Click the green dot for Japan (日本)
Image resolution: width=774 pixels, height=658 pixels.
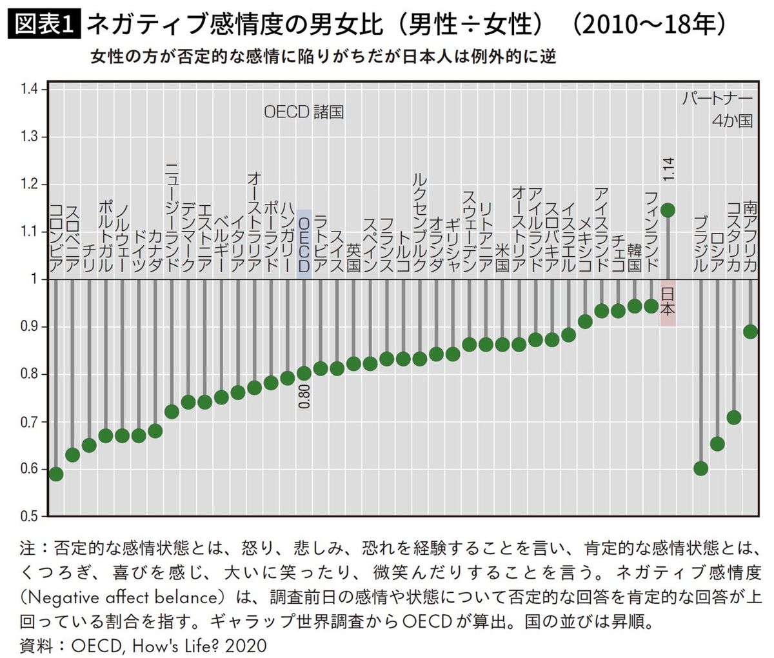668,210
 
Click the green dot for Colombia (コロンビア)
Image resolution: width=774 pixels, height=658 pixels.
56,474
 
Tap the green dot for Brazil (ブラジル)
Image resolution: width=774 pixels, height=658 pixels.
700,468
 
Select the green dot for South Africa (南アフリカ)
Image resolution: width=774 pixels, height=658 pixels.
750,331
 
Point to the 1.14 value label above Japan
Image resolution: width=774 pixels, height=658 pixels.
668,169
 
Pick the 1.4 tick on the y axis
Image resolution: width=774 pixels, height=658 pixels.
30,89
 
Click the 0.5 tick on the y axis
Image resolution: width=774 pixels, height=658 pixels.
30,516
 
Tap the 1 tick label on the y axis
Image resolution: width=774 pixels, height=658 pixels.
35,279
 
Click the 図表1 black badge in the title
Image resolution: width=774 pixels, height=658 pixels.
43,25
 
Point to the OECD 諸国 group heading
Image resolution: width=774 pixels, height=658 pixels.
304,112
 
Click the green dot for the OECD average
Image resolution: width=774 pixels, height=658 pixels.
304,374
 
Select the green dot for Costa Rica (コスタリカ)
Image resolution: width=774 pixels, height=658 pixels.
733,417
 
